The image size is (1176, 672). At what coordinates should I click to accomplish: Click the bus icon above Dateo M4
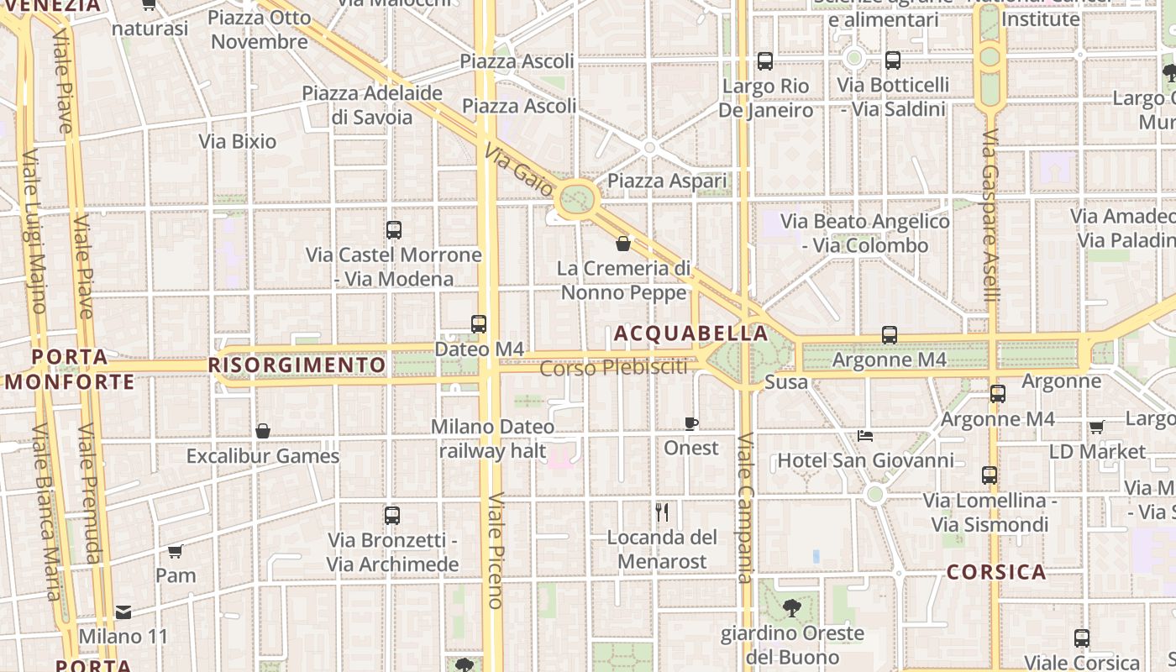[x=479, y=323]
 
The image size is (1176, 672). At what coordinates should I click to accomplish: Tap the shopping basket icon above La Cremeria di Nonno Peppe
[x=623, y=244]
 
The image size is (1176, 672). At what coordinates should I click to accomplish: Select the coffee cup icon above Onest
[x=691, y=423]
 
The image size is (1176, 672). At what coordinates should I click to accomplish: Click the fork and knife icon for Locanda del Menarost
[x=662, y=512]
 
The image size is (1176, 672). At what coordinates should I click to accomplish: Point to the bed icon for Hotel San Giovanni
[x=865, y=436]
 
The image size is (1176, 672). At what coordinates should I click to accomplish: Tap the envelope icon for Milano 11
[x=123, y=612]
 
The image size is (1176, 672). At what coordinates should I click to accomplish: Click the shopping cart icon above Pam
[x=175, y=551]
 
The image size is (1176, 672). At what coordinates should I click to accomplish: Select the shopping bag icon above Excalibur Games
[x=263, y=431]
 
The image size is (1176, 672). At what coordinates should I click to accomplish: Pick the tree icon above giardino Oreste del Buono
[x=790, y=607]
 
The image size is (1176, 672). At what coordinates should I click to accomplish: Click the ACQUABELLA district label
[x=690, y=333]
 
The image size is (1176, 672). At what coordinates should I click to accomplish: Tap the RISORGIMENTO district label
[x=297, y=365]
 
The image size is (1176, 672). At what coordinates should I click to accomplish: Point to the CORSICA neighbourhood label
[x=996, y=573]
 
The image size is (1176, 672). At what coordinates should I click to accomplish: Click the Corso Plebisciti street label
[x=613, y=368]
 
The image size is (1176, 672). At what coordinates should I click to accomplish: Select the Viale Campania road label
[x=745, y=507]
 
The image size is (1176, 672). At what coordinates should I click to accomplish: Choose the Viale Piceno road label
[x=496, y=549]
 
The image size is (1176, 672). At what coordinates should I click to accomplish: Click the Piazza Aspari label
[x=667, y=181]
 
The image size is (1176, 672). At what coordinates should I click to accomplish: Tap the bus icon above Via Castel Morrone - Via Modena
[x=394, y=229]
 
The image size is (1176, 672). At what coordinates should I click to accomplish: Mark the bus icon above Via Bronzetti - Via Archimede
[x=392, y=516]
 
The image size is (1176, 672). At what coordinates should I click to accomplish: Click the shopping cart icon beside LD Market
[x=1096, y=428]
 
